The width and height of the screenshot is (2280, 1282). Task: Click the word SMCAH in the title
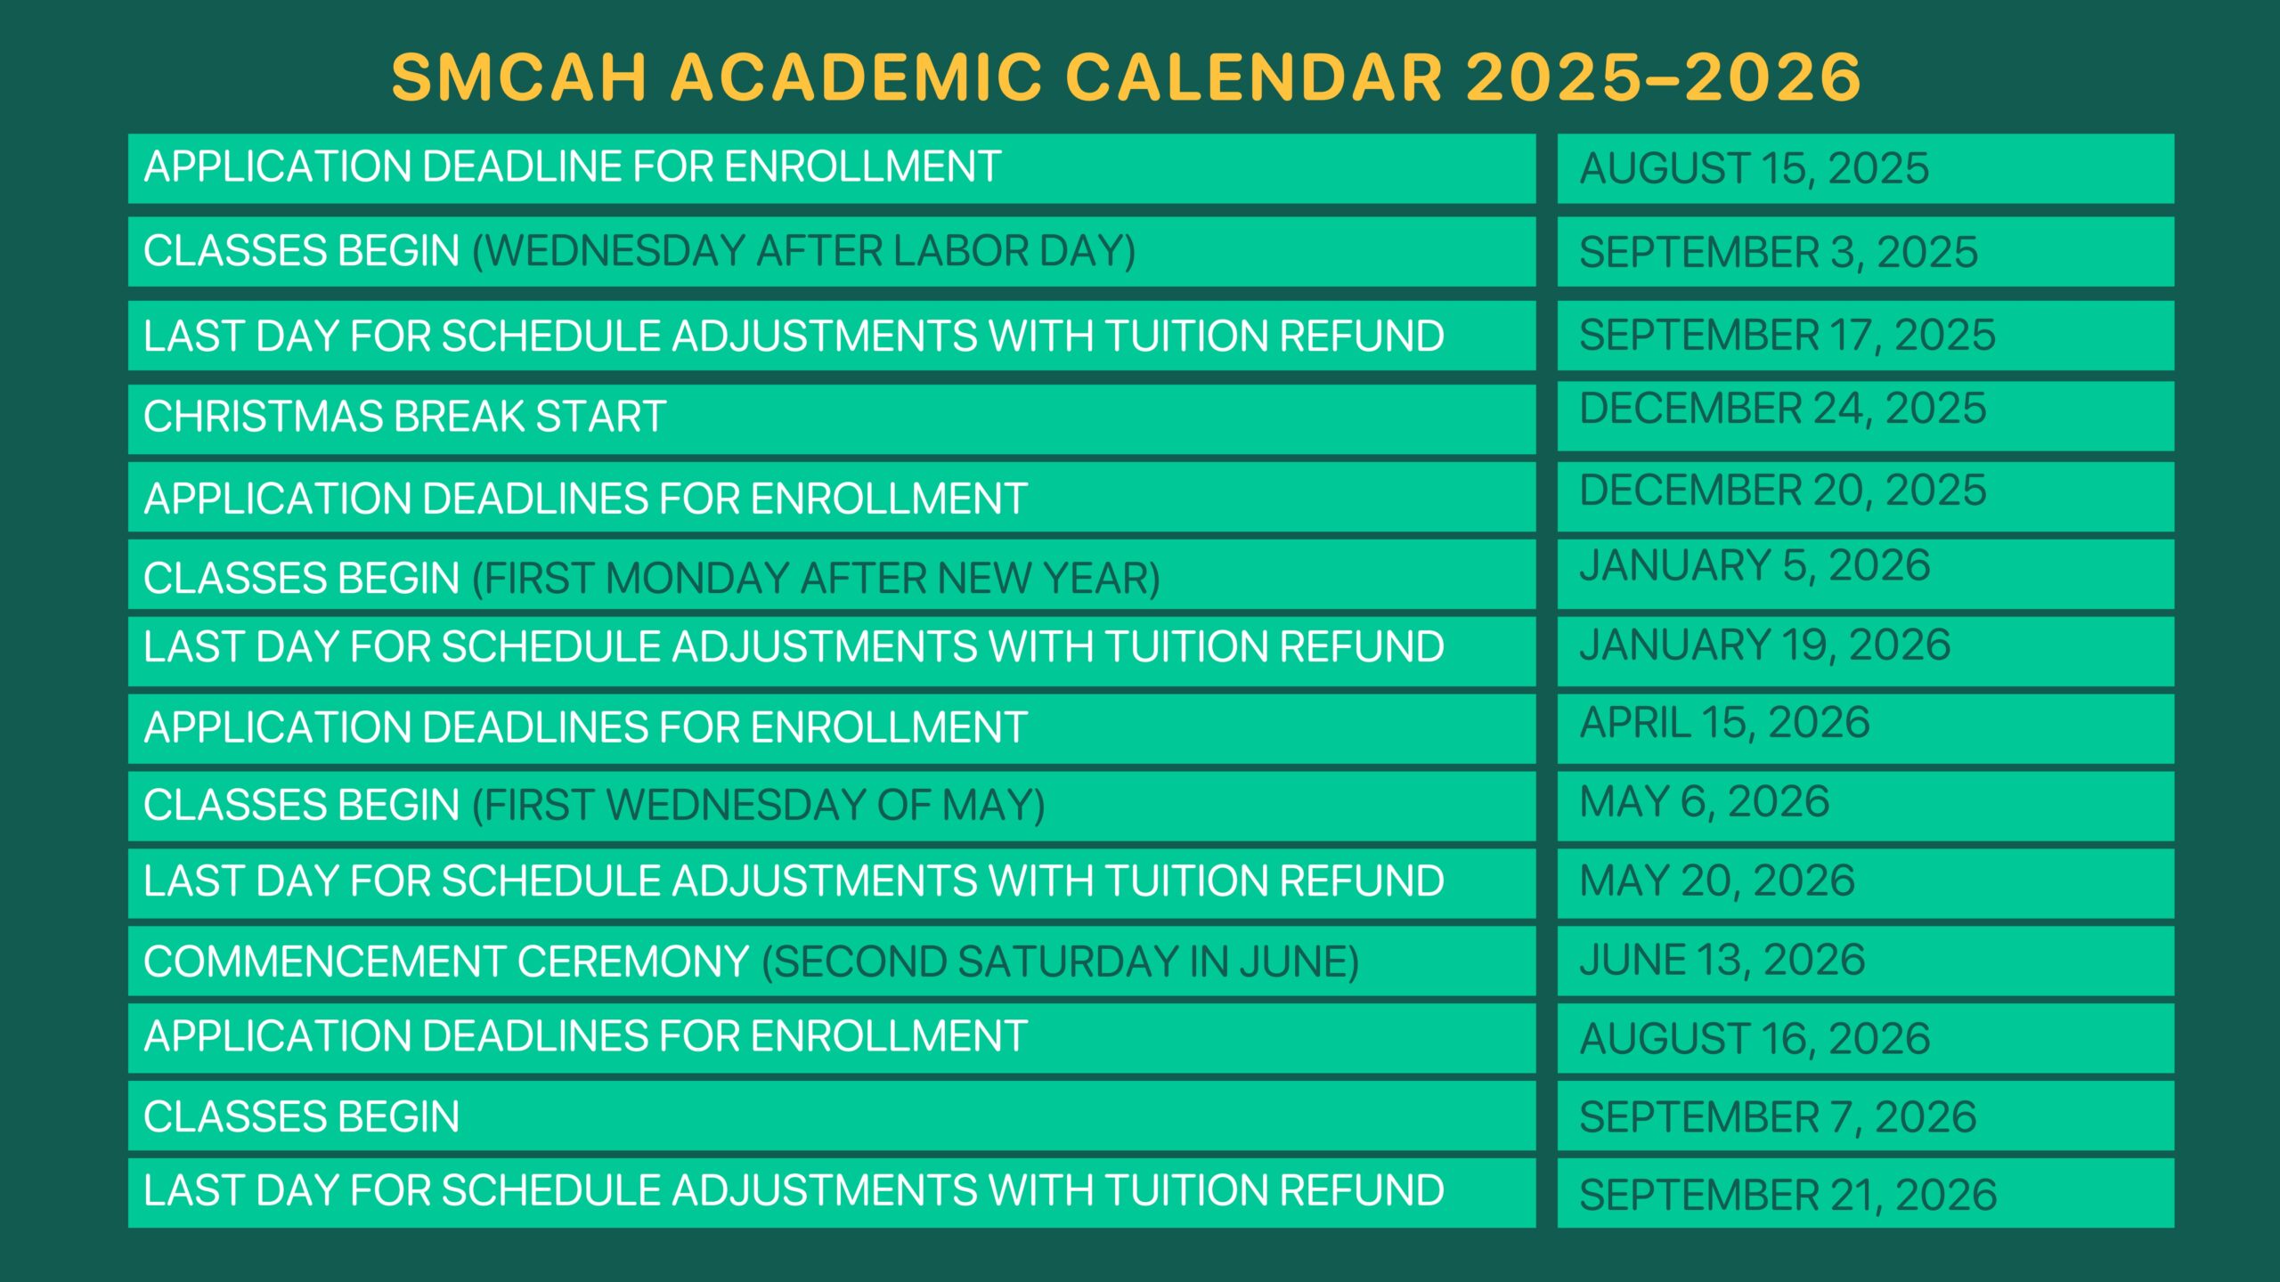click(519, 77)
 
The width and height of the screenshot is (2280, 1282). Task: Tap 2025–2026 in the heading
click(1663, 77)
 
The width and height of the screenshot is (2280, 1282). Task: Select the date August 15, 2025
click(1754, 168)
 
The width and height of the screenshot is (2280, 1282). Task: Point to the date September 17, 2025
click(1787, 335)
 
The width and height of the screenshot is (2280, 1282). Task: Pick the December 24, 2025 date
click(1783, 409)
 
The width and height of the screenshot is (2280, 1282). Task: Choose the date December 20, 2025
click(1783, 490)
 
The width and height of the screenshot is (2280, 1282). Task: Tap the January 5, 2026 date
click(1755, 565)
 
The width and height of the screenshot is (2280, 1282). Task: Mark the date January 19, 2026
click(1765, 645)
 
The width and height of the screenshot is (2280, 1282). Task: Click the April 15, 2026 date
click(1724, 722)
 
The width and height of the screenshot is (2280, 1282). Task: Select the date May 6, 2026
click(1705, 801)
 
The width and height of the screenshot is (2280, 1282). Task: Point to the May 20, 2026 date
click(1717, 880)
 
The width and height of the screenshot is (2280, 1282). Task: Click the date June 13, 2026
click(1722, 960)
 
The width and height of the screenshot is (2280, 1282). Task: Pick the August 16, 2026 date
click(1755, 1039)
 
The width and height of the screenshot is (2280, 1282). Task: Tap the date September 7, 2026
click(1778, 1117)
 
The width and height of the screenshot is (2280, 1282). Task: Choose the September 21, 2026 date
click(1788, 1195)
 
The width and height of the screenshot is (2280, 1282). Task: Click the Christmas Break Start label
click(405, 417)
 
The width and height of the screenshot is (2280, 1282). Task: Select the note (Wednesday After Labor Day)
click(804, 251)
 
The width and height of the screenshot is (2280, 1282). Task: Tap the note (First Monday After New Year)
click(817, 579)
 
